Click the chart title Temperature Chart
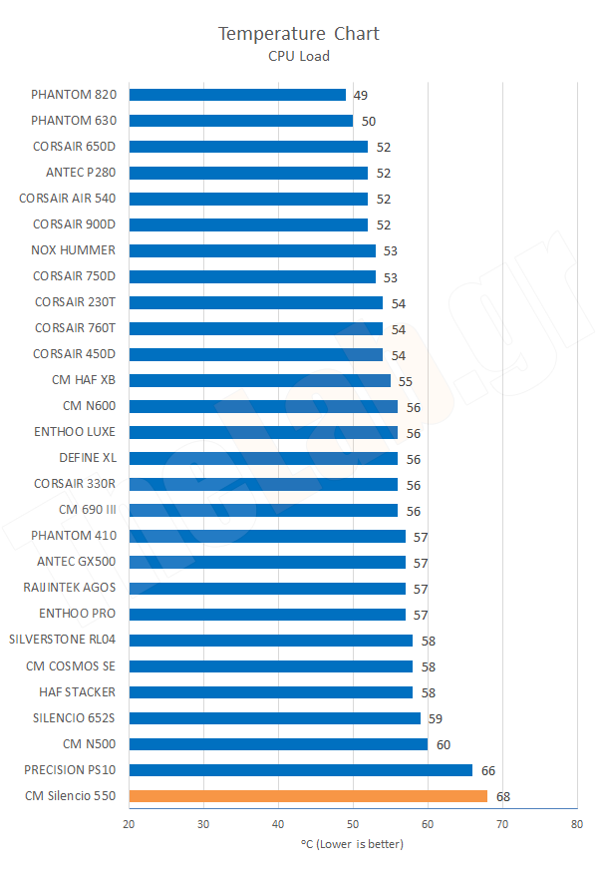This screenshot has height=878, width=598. click(x=299, y=34)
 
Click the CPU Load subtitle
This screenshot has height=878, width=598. click(x=299, y=56)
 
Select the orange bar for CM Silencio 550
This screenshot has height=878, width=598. click(x=308, y=796)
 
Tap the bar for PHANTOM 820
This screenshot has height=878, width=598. click(x=237, y=95)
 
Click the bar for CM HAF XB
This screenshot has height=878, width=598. click(x=260, y=380)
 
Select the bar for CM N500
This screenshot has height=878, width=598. click(x=278, y=744)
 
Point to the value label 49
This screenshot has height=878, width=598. click(x=361, y=96)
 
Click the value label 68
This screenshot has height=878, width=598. click(x=503, y=797)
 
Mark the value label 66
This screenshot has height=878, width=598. click(x=488, y=771)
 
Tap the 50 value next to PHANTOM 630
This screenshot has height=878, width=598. click(x=368, y=122)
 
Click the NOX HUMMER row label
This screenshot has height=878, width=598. click(x=74, y=250)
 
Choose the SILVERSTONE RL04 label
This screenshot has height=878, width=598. click(x=62, y=640)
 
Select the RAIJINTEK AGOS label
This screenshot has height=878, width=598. click(x=69, y=588)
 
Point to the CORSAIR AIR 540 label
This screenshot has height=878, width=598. click(x=68, y=199)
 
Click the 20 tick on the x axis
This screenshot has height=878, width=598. click(x=130, y=824)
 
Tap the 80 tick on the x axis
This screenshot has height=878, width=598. click(x=577, y=824)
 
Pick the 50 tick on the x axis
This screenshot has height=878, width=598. click(x=353, y=824)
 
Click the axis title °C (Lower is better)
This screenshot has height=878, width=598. click(x=352, y=844)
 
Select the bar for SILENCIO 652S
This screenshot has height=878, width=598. click(x=275, y=718)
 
